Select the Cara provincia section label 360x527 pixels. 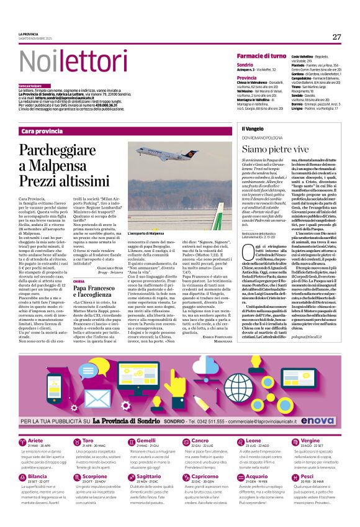pos(42,132)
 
